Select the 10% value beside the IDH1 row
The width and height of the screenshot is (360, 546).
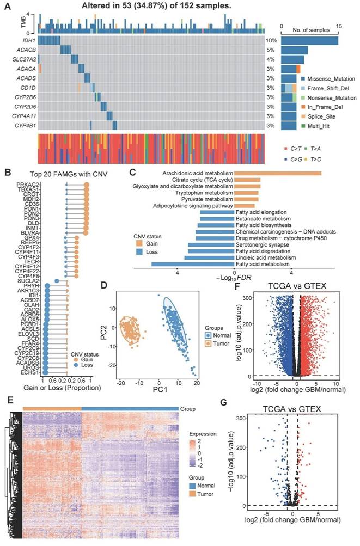pyautogui.click(x=271, y=41)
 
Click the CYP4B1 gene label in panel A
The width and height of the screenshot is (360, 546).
pyautogui.click(x=25, y=126)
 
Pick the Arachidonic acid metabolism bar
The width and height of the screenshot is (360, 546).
pyautogui.click(x=278, y=173)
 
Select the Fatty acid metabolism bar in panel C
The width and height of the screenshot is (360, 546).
pyautogui.click(x=193, y=264)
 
